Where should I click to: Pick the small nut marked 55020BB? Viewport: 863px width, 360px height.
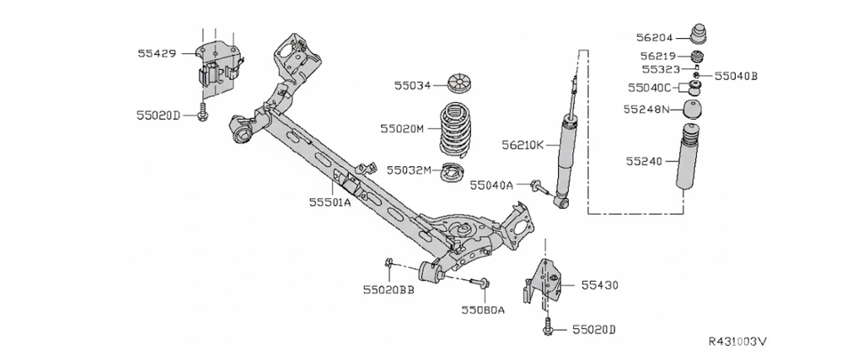coord(389,266)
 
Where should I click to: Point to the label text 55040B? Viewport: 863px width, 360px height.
coord(737,75)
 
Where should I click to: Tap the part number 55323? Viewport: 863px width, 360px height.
coord(661,69)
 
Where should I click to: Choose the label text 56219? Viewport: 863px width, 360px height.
coord(661,56)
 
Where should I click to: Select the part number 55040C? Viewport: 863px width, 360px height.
coord(649,88)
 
